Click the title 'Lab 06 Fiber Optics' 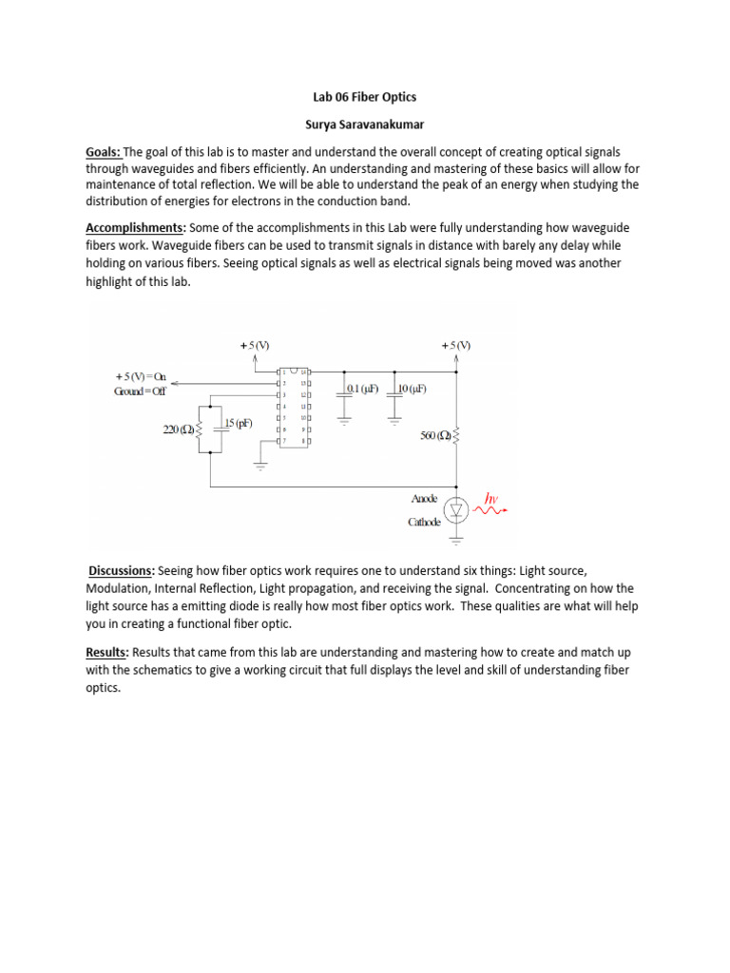(x=365, y=97)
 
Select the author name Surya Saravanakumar (x=365, y=124)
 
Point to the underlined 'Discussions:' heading (x=122, y=570)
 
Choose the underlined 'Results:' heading (x=108, y=653)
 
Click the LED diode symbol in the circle (x=456, y=510)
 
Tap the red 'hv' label (x=490, y=497)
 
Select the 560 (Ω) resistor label (x=436, y=436)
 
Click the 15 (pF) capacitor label (x=239, y=423)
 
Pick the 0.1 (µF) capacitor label (x=362, y=389)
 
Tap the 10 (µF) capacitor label (x=412, y=389)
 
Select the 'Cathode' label (x=425, y=522)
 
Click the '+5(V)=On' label (x=142, y=376)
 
